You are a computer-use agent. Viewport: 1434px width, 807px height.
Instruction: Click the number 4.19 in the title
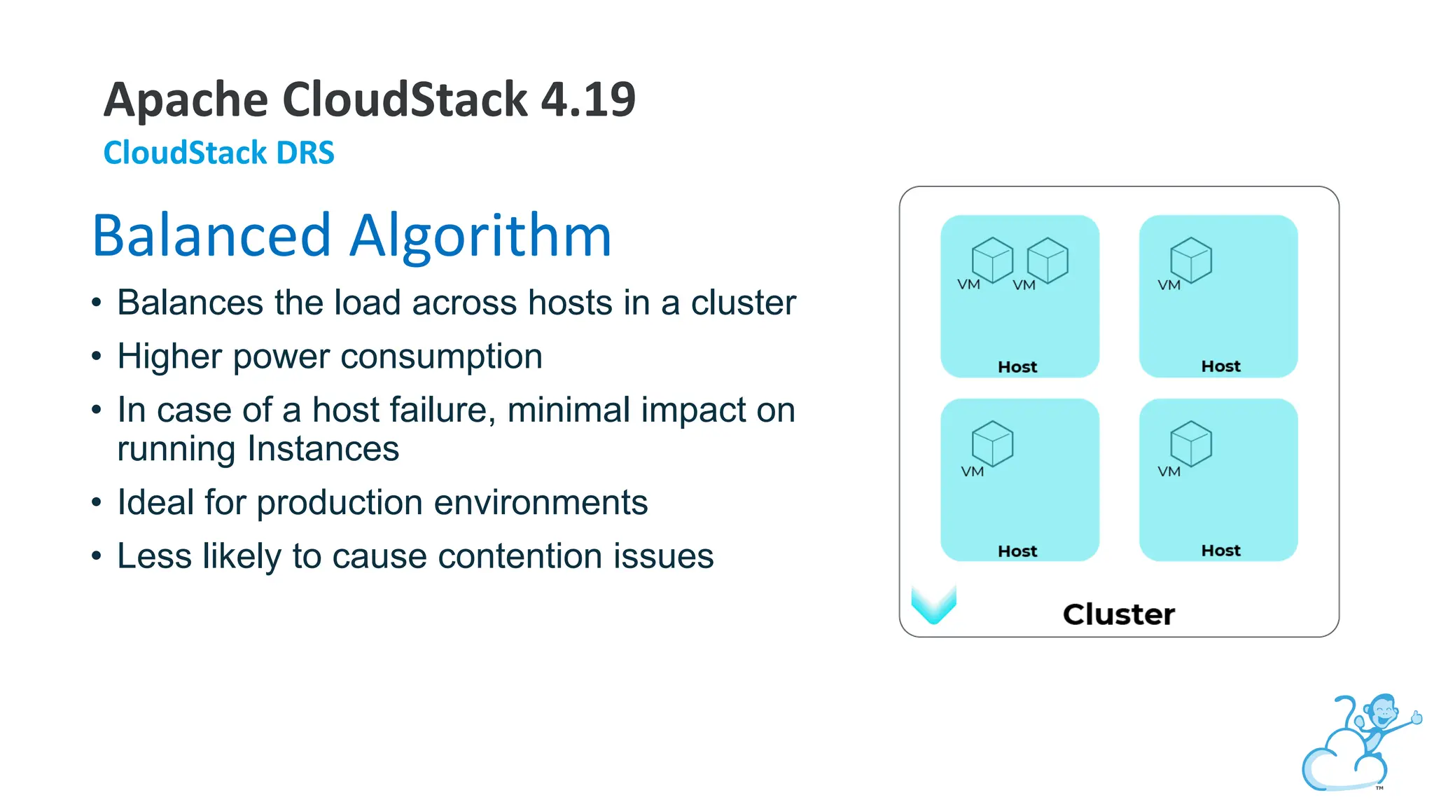(x=588, y=99)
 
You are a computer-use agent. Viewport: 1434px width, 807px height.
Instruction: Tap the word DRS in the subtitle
(x=305, y=153)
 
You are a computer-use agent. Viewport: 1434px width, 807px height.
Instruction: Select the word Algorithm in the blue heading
(x=481, y=235)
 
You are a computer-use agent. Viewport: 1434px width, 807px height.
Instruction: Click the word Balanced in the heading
(x=211, y=235)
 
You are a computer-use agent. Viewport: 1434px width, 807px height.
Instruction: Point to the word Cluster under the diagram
(x=1118, y=614)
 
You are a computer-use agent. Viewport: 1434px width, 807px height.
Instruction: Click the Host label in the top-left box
(x=1017, y=367)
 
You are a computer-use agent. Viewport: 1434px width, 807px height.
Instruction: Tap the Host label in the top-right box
(x=1220, y=366)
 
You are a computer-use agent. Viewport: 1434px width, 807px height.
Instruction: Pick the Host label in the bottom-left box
(x=1017, y=551)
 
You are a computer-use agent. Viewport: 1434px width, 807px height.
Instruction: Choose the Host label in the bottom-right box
(x=1220, y=551)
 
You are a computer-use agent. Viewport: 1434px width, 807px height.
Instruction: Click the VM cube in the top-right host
(x=1191, y=259)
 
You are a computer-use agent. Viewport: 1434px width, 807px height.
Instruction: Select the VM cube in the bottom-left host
(x=992, y=443)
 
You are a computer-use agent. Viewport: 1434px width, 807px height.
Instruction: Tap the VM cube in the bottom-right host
(x=1191, y=443)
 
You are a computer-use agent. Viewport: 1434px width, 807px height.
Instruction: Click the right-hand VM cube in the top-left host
(x=1047, y=259)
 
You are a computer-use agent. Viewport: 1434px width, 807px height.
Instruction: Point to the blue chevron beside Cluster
(x=933, y=605)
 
